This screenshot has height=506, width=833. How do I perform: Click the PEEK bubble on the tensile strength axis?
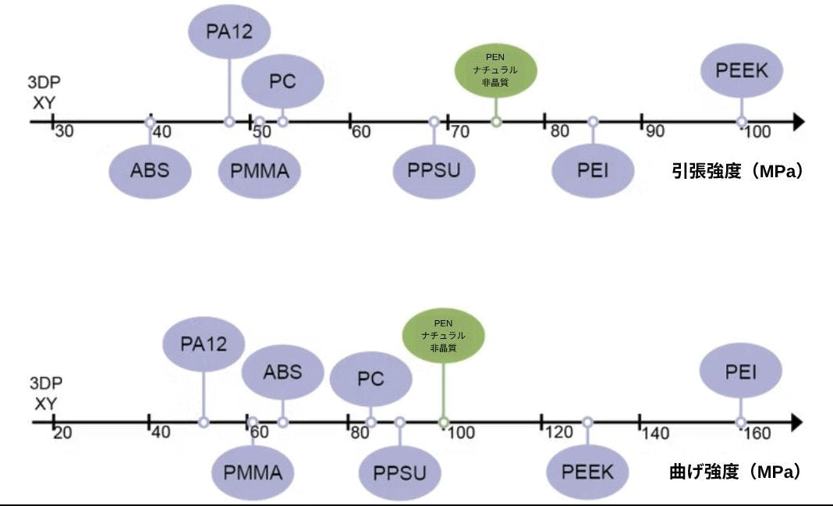tap(741, 70)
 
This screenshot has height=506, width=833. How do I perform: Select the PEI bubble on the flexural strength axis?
tap(740, 371)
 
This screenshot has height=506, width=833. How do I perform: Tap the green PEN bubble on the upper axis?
tap(496, 69)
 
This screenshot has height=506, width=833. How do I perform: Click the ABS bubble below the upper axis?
tap(150, 169)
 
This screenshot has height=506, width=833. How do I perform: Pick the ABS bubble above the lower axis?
tap(282, 372)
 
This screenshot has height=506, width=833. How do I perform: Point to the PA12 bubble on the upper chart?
tap(229, 32)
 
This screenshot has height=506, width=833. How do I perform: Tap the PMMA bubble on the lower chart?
tap(253, 472)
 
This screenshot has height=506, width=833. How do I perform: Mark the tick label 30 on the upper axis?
tap(65, 132)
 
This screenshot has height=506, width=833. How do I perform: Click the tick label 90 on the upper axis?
tap(655, 131)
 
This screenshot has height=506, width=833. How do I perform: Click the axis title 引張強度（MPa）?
tap(737, 171)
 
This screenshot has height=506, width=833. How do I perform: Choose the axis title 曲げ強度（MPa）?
tap(736, 472)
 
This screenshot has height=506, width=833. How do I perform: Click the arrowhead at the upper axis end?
tap(797, 122)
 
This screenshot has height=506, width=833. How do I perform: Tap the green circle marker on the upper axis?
tap(496, 122)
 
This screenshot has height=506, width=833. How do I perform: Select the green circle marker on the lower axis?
tap(443, 422)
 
